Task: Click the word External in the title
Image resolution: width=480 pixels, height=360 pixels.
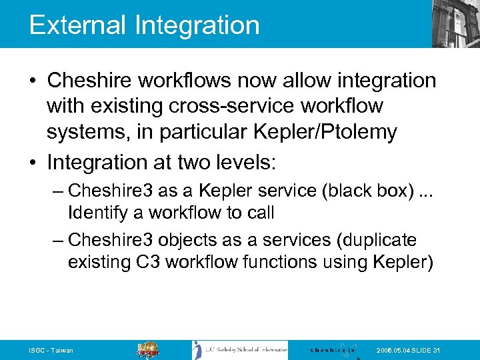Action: click(x=77, y=25)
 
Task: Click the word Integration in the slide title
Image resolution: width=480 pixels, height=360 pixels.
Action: click(x=197, y=26)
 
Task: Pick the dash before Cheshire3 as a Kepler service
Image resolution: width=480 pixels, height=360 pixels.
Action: click(x=57, y=191)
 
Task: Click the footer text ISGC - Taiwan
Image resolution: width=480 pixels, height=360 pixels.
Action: click(x=51, y=351)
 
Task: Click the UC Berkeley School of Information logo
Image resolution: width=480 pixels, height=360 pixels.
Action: click(x=240, y=350)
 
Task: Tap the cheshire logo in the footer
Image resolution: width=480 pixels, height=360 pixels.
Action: click(x=333, y=350)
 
